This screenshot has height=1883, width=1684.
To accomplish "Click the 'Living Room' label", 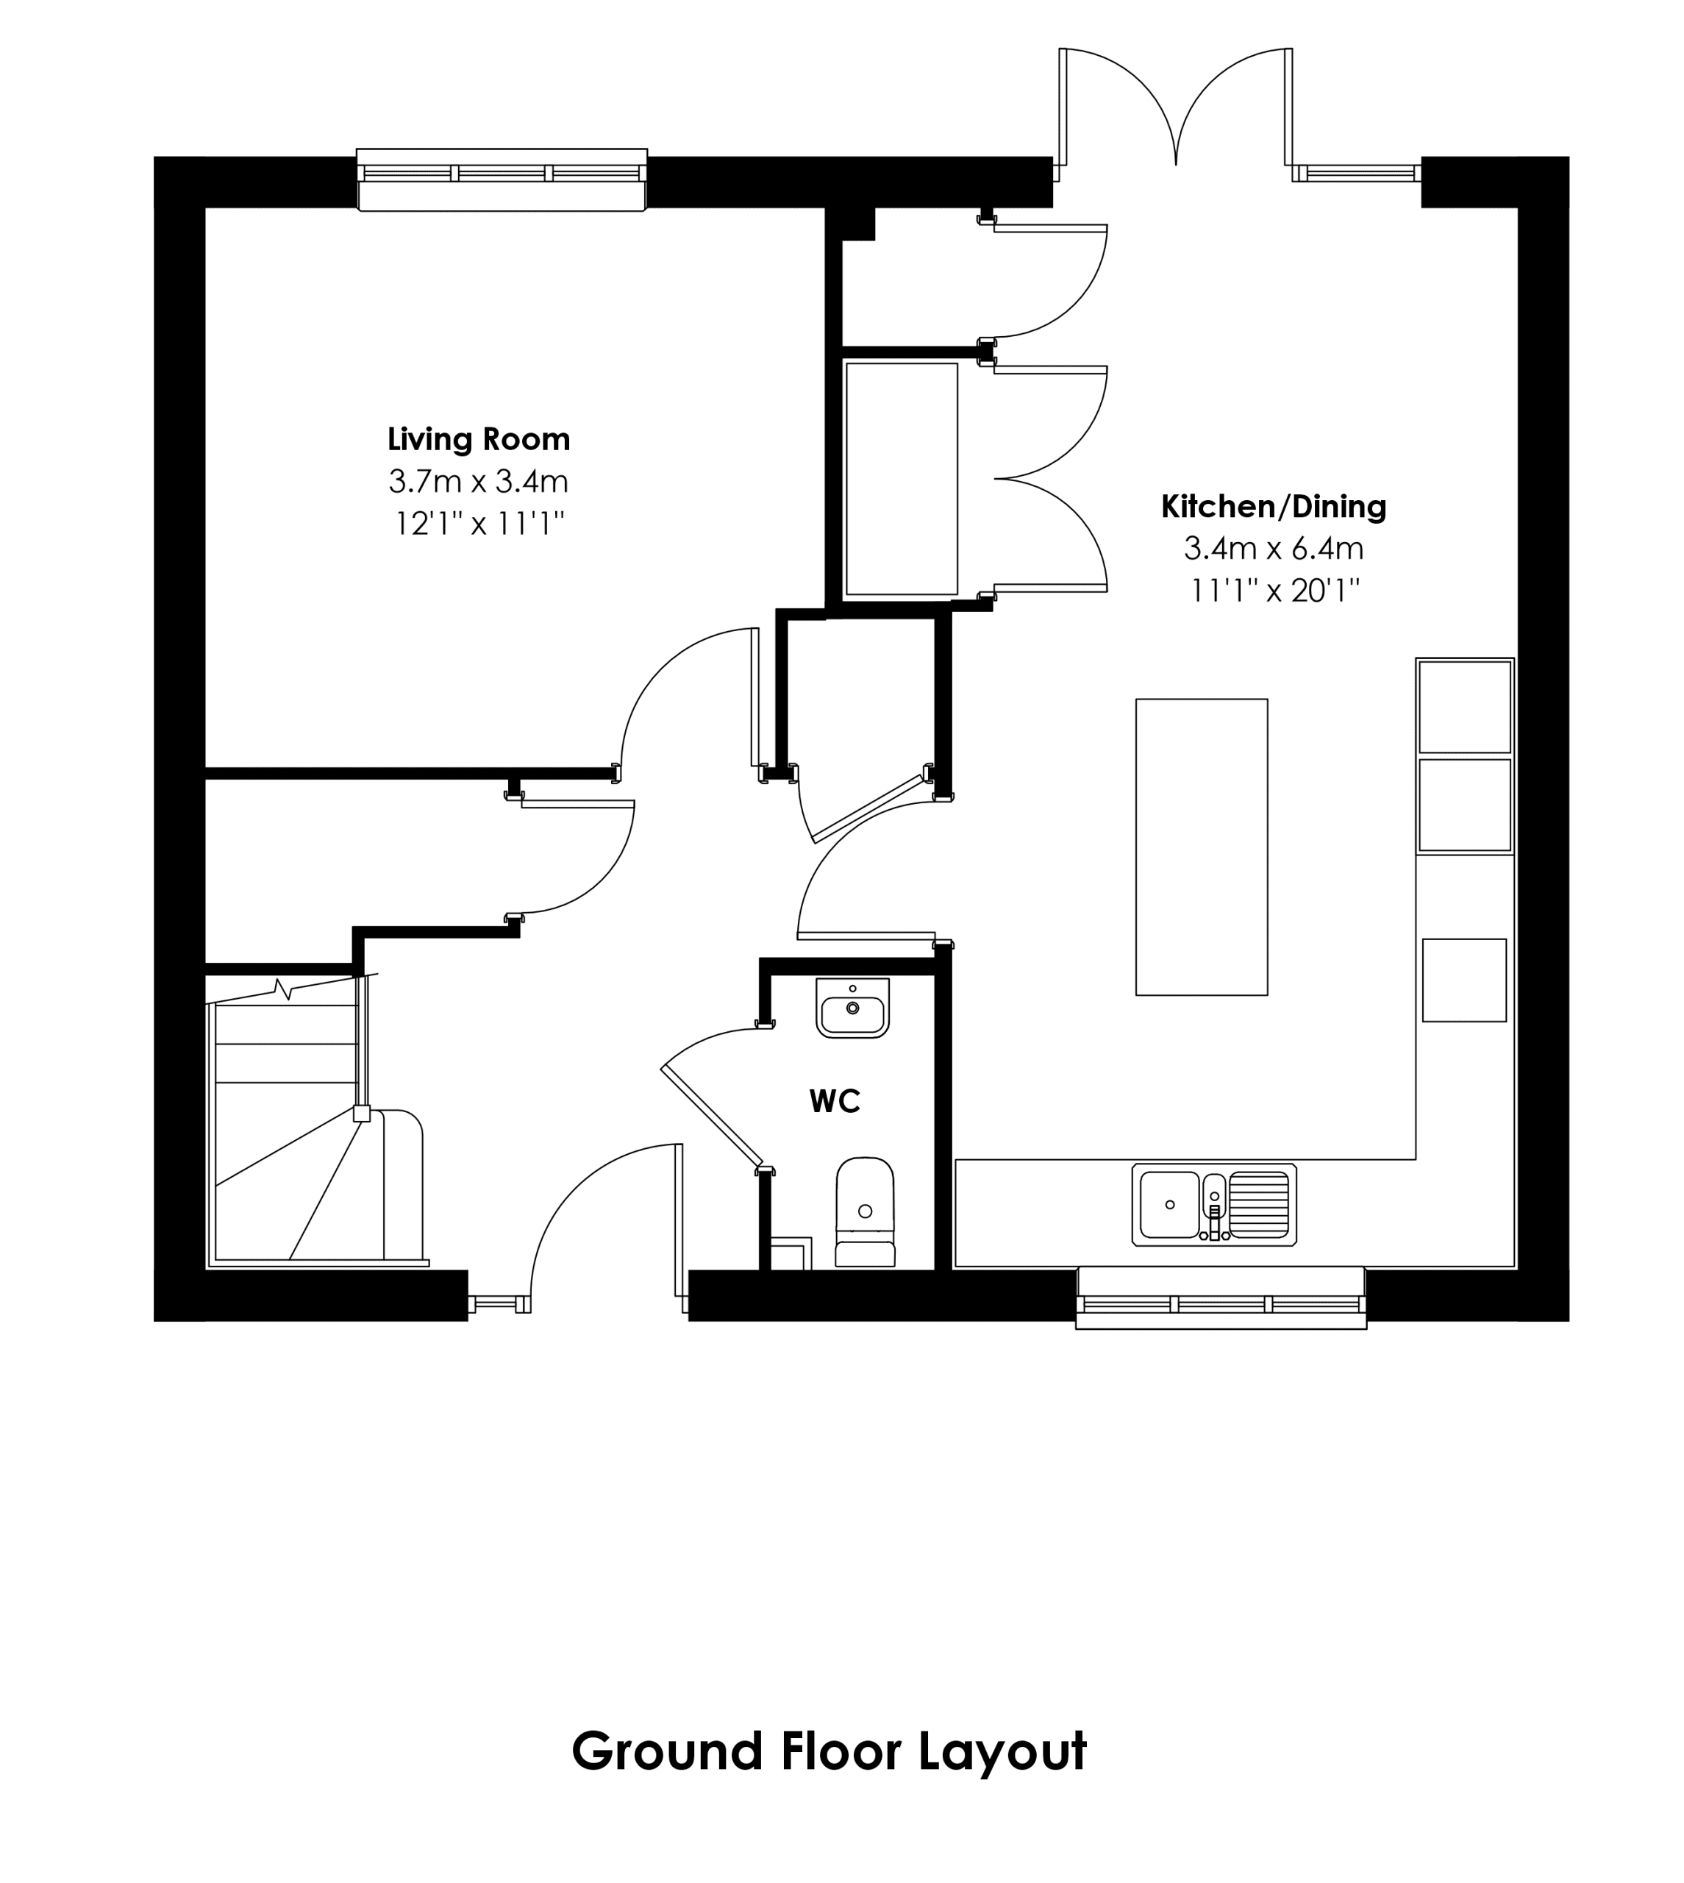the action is pyautogui.click(x=479, y=438).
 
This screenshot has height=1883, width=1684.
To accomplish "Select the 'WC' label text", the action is pyautogui.click(x=835, y=1101).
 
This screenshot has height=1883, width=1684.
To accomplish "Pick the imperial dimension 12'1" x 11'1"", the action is pyautogui.click(x=479, y=524).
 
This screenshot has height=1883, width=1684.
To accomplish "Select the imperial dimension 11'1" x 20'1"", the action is pyautogui.click(x=1274, y=591).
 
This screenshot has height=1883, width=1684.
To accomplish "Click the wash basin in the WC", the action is pyautogui.click(x=852, y=1008).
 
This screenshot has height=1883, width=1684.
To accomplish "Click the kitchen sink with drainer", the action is pyautogui.click(x=1214, y=1204).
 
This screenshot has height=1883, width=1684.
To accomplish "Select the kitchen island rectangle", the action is pyautogui.click(x=1201, y=847).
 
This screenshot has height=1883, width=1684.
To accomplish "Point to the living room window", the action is pyautogui.click(x=502, y=179).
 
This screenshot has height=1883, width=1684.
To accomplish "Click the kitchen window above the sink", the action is pyautogui.click(x=1221, y=1298).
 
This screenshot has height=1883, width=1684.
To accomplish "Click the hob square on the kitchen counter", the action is pyautogui.click(x=1464, y=980).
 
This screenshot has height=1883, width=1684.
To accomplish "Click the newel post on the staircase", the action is pyautogui.click(x=362, y=1114).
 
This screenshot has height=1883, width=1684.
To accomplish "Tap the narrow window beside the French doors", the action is pyautogui.click(x=1357, y=172).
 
